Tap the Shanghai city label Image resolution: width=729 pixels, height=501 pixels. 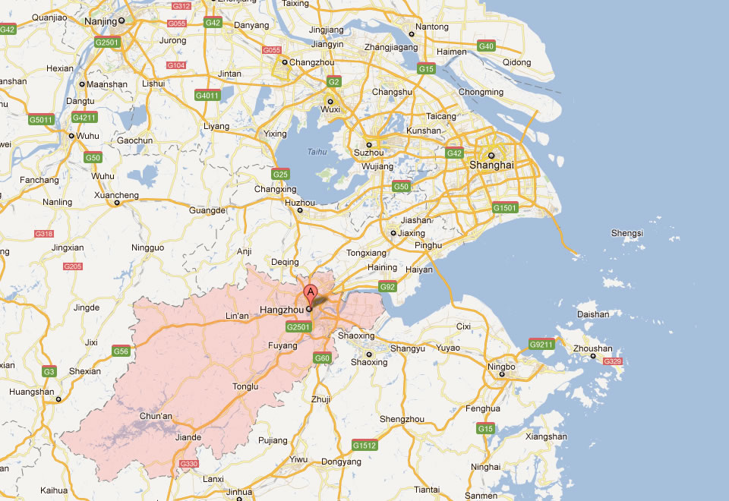(x=491, y=165)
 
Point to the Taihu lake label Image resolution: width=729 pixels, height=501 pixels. (x=317, y=152)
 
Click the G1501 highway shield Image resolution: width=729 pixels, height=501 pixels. (x=505, y=207)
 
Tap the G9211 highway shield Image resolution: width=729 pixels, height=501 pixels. (x=541, y=344)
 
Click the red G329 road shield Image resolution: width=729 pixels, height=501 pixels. (x=613, y=361)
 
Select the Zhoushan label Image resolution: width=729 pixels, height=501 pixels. (x=592, y=348)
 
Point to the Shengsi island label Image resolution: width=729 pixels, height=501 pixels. (x=627, y=233)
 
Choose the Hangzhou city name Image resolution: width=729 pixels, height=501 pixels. (x=282, y=310)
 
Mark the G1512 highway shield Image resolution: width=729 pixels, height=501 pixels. (x=364, y=445)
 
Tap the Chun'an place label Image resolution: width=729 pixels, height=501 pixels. (x=157, y=416)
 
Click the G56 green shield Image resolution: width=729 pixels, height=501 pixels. (x=121, y=351)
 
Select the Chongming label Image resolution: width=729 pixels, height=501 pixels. (x=481, y=93)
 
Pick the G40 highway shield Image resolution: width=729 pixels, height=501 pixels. (x=487, y=46)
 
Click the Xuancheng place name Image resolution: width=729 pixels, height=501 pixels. (x=115, y=195)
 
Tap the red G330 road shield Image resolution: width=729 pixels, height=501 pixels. (x=188, y=463)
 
